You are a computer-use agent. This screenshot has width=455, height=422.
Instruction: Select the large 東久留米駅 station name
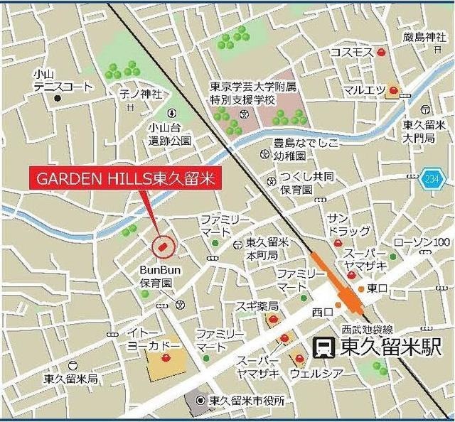pos(390,347)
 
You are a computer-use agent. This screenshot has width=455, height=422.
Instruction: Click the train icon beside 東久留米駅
pos(325,347)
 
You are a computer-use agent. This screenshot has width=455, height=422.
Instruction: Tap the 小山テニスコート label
pos(63,80)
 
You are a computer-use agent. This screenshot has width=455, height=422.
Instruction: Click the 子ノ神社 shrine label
pos(141,94)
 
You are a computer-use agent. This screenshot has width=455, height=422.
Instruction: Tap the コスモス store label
pos(351,54)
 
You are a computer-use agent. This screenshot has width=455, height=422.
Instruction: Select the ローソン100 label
pos(422,242)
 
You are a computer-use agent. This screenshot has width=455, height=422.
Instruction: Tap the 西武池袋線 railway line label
pos(366,329)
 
